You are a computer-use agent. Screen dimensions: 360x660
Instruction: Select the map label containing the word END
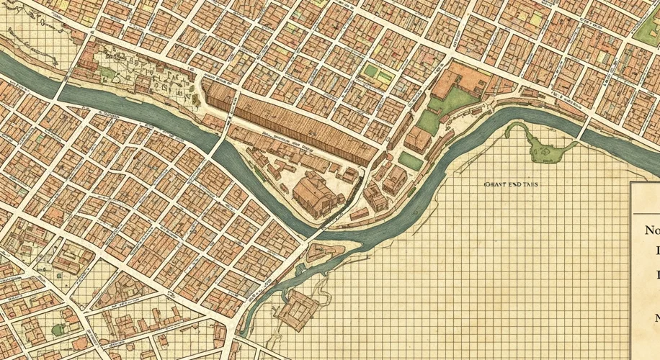pos(511,184)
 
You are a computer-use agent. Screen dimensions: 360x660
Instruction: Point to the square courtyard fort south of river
pos(298,310)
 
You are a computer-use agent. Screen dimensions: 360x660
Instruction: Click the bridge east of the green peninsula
pos(584,130)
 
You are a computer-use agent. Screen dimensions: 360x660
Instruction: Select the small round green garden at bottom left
pos(58,330)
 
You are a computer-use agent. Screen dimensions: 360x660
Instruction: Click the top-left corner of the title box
pos(631,183)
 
